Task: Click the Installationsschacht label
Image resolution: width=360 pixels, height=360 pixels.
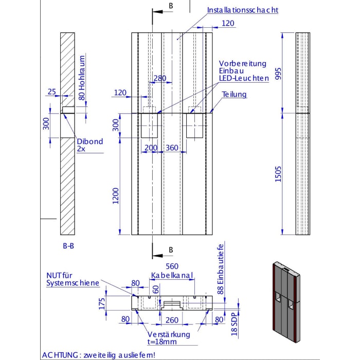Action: (243, 10)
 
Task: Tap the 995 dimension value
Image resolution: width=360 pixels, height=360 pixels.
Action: (278, 74)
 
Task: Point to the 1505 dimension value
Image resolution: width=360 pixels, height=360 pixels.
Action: (278, 173)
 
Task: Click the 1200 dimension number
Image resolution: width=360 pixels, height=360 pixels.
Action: (116, 195)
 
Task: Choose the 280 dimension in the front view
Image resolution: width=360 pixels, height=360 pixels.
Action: (160, 78)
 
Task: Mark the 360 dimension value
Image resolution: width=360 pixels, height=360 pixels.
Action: (172, 148)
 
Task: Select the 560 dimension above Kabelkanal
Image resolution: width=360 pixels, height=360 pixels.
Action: (172, 266)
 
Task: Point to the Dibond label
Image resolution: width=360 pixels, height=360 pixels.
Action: (89, 141)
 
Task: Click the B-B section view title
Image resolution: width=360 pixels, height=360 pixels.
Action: (68, 246)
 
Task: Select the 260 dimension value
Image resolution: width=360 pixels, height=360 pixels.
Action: (172, 319)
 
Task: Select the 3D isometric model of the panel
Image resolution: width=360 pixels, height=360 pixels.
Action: (284, 302)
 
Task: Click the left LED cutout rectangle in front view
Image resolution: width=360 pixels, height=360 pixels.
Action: (150, 125)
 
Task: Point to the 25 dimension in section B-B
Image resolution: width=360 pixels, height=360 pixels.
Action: (51, 92)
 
